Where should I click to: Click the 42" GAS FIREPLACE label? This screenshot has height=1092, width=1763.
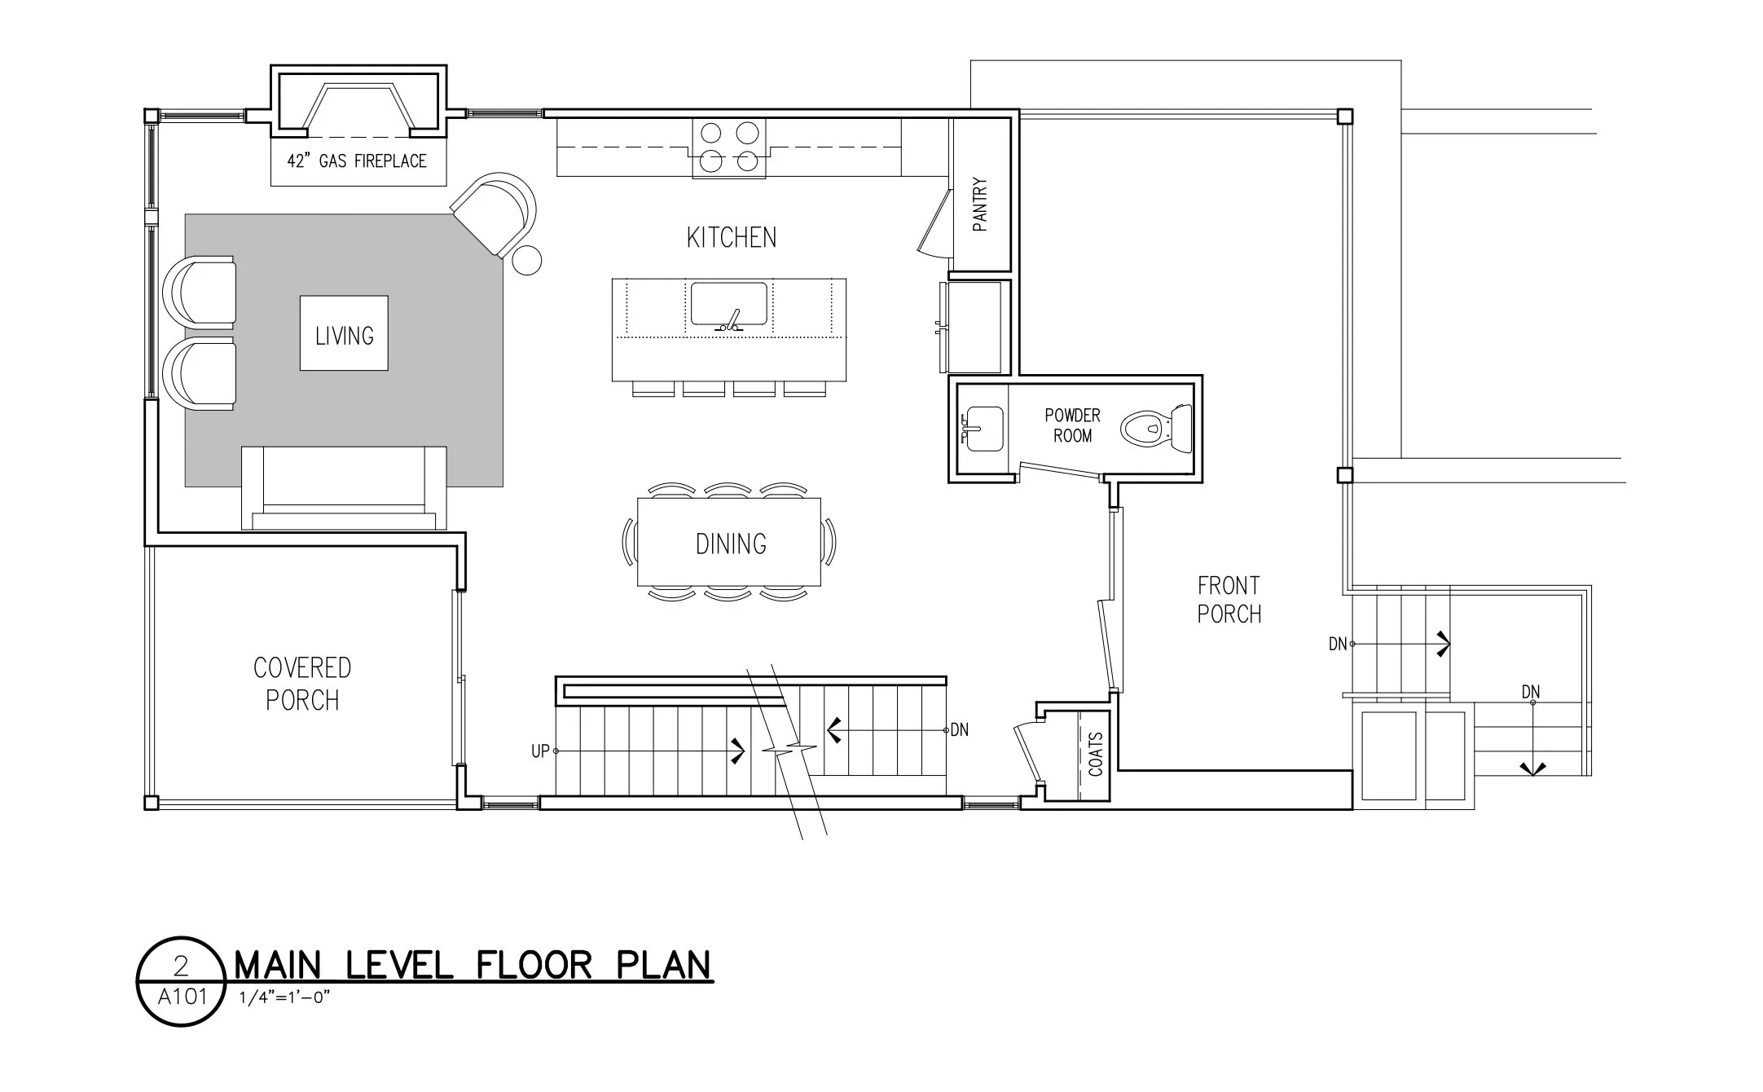357,161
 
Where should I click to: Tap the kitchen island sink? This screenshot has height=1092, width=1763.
729,305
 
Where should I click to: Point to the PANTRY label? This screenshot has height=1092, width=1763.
981,205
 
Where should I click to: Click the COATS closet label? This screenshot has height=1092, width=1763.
1096,754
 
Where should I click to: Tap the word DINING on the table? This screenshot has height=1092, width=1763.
731,544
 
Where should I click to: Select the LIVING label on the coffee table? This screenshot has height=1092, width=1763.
345,335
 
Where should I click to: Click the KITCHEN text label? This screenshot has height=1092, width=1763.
731,238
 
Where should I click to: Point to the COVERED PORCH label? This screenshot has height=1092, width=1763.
302,684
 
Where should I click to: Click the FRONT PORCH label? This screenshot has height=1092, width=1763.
1229,599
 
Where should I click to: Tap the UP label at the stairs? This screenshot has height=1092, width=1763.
540,751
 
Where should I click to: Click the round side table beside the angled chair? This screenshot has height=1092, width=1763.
526,260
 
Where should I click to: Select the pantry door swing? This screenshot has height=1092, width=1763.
935,223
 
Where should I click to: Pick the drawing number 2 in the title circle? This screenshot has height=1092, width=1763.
181,967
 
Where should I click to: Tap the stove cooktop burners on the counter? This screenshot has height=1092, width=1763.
729,148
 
